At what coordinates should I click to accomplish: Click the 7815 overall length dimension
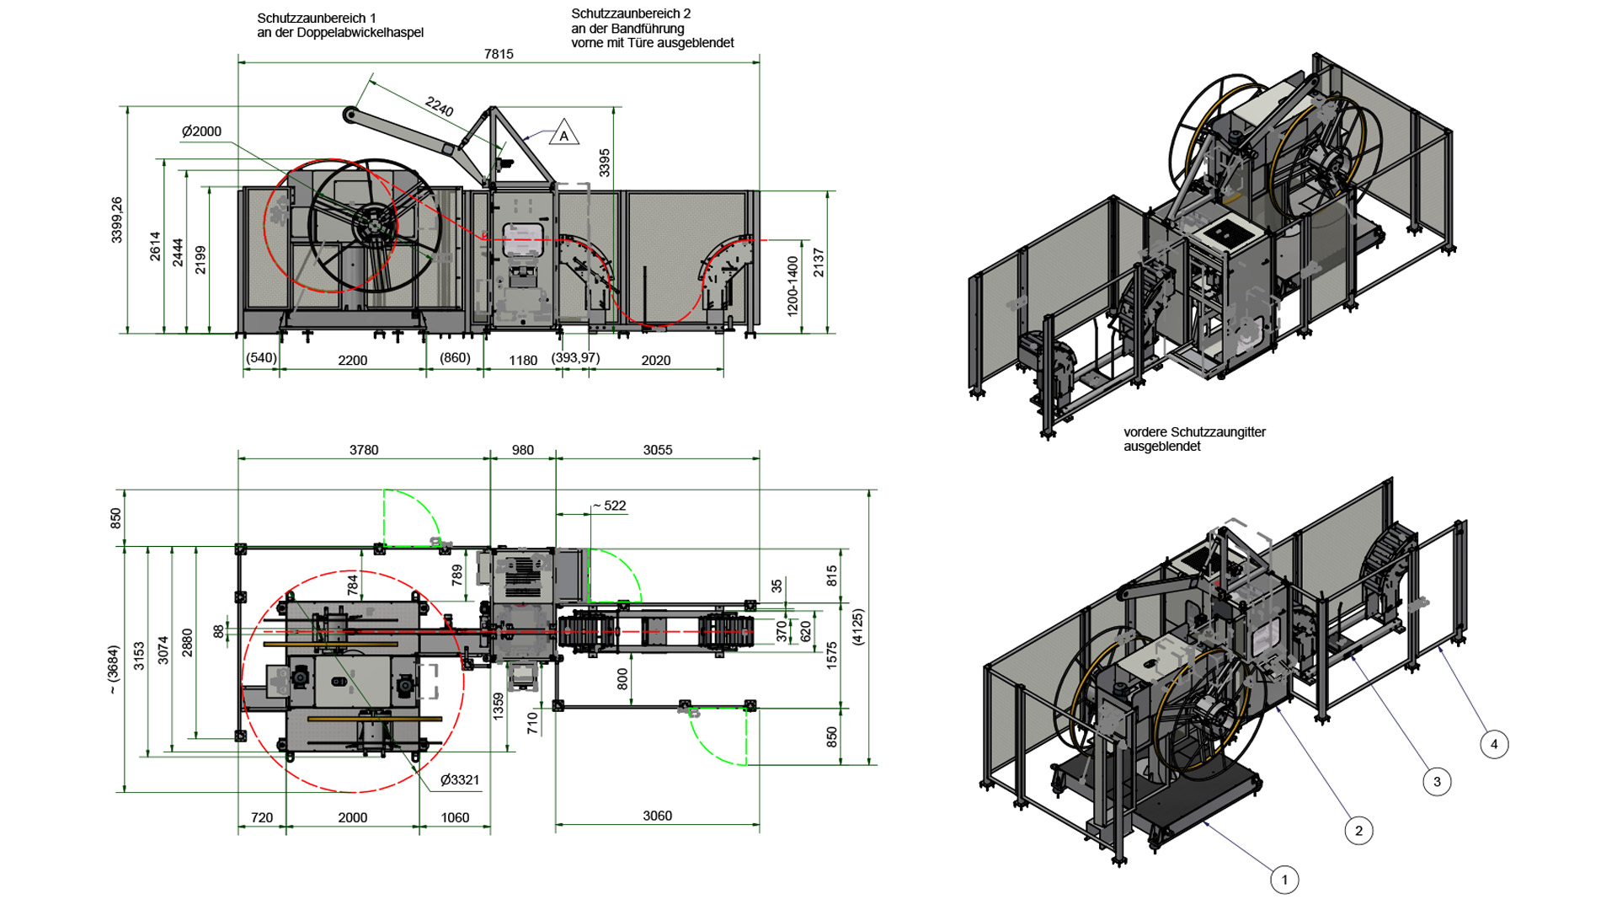click(x=499, y=54)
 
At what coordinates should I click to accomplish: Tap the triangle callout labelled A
click(x=564, y=134)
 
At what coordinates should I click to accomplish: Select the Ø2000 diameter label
click(x=201, y=131)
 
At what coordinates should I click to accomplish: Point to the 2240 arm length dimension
click(x=440, y=106)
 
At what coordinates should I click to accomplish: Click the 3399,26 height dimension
click(x=116, y=220)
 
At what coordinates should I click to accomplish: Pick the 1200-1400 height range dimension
click(x=792, y=286)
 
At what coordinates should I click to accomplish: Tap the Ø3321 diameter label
click(x=460, y=780)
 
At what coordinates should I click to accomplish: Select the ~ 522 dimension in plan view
click(x=610, y=506)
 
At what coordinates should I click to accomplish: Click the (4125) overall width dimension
click(x=857, y=627)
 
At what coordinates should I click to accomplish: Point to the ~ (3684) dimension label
click(x=114, y=669)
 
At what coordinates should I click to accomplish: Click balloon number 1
click(x=1284, y=880)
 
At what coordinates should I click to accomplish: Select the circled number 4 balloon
click(x=1494, y=744)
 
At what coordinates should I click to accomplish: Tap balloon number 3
click(x=1437, y=782)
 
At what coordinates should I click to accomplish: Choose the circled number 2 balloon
click(x=1358, y=831)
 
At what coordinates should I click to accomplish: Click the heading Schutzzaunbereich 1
click(x=317, y=18)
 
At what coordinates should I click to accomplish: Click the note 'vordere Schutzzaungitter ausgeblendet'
click(x=1194, y=439)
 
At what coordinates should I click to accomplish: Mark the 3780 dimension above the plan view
click(x=364, y=450)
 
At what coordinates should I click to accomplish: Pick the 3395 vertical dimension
click(x=604, y=163)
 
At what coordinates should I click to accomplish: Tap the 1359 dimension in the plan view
click(x=498, y=706)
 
